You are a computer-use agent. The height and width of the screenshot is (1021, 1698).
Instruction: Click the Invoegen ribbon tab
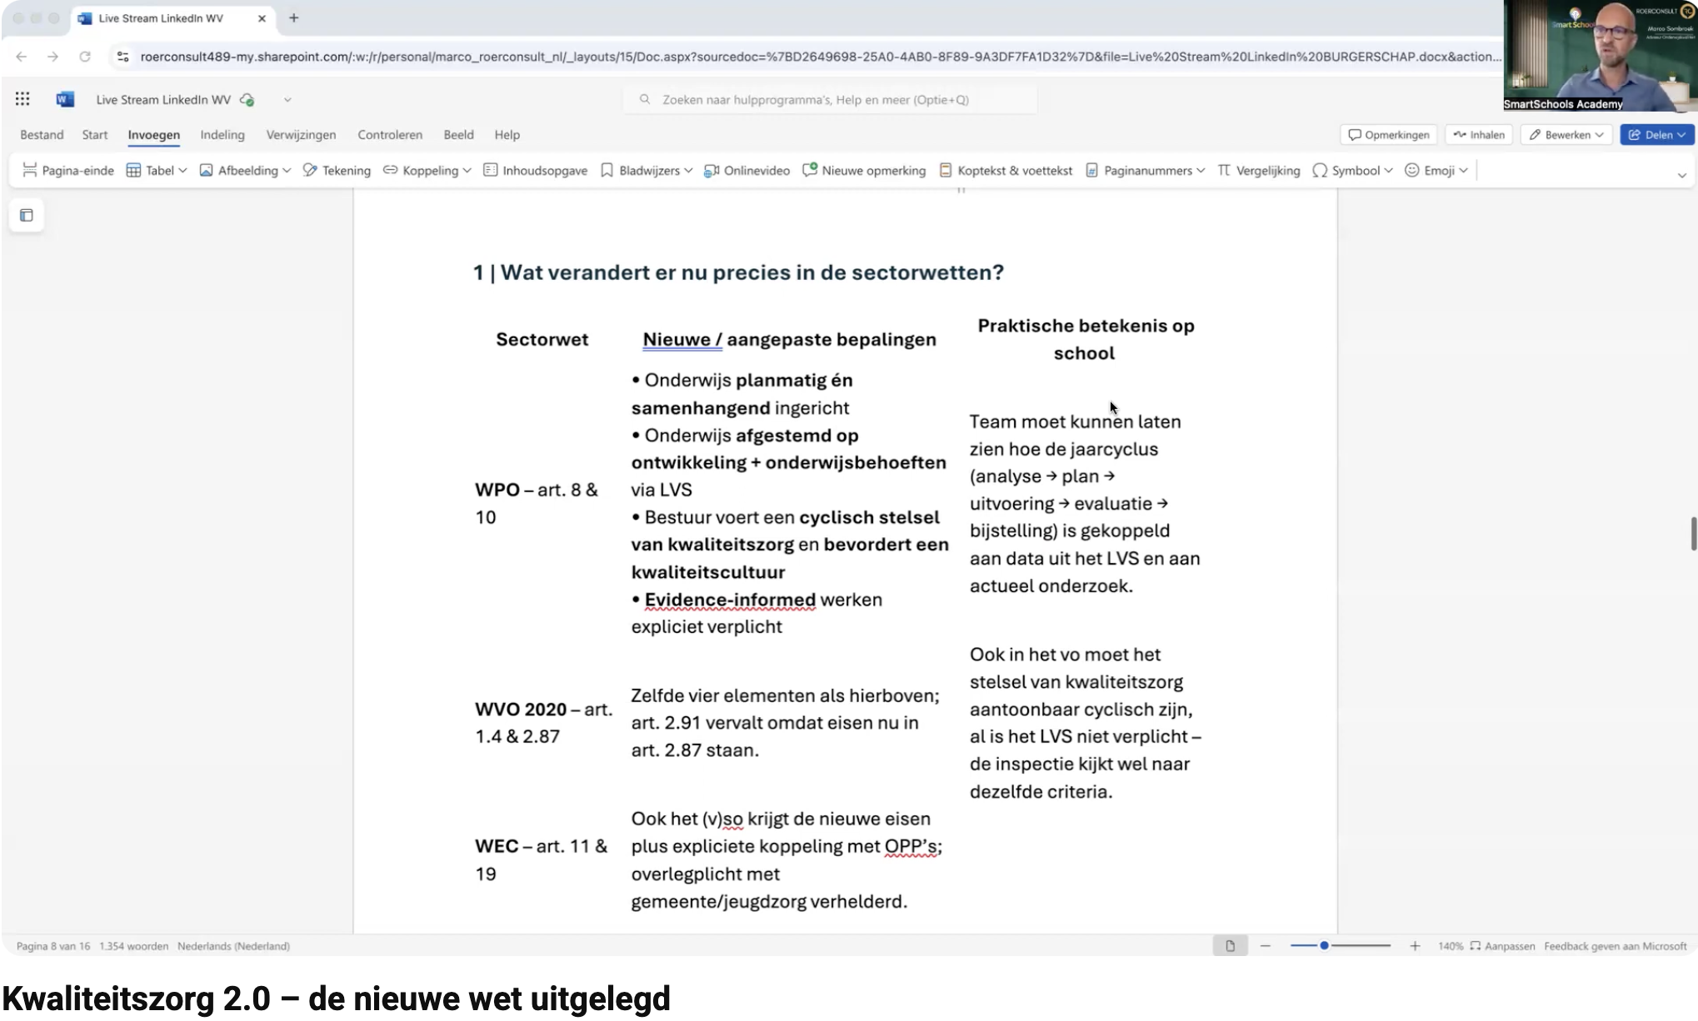pos(153,135)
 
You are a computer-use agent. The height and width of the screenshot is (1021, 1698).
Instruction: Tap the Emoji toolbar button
pos(1436,171)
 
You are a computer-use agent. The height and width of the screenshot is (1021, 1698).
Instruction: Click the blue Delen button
pos(1656,135)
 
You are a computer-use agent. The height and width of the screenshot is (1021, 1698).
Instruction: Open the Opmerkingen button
pos(1389,135)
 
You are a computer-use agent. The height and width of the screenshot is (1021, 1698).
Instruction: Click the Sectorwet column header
pos(542,340)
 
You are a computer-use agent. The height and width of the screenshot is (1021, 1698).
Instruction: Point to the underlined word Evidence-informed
pos(730,600)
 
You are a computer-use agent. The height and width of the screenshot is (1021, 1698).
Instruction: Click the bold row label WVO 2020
pos(521,710)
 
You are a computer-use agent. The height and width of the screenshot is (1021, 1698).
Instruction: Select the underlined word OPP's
pos(911,847)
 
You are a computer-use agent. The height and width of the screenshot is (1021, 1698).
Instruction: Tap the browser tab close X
pos(262,18)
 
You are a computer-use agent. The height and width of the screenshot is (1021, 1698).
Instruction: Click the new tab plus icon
pos(294,18)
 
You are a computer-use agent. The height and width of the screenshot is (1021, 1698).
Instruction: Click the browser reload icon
pos(85,57)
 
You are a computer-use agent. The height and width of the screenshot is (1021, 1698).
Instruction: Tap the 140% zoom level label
pos(1450,946)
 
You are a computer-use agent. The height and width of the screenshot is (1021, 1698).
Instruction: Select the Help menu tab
pos(507,135)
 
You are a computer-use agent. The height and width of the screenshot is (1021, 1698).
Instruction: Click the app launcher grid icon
pos(22,99)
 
